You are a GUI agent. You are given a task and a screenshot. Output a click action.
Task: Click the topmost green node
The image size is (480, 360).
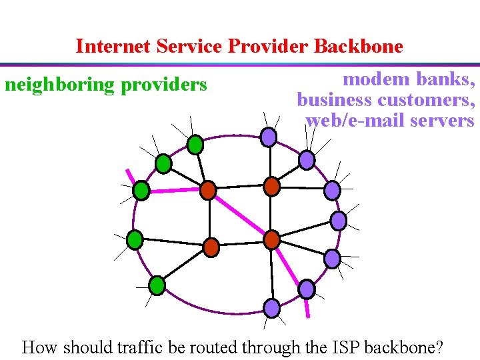(x=195, y=143)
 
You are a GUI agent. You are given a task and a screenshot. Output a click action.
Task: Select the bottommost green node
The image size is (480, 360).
(x=157, y=286)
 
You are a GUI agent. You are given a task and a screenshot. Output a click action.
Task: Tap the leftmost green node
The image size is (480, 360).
(x=135, y=239)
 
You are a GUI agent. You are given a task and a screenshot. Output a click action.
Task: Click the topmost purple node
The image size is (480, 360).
(x=268, y=137)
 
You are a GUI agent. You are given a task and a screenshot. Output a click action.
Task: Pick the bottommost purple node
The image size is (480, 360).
(x=272, y=307)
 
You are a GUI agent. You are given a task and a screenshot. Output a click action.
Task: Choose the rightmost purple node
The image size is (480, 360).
(x=339, y=221)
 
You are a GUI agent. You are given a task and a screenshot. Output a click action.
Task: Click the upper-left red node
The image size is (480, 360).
(x=208, y=190)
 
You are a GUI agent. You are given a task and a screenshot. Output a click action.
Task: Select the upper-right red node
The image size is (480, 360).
(x=271, y=186)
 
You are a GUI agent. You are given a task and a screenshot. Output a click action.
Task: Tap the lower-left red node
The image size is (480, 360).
(x=211, y=247)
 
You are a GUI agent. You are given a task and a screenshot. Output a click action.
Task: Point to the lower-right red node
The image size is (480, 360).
(x=272, y=239)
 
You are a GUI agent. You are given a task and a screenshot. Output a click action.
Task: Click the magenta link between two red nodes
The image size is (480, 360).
(x=240, y=215)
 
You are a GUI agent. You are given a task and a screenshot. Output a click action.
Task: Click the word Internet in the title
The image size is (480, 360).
(x=114, y=47)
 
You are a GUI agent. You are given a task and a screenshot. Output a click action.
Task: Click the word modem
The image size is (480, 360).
(x=373, y=79)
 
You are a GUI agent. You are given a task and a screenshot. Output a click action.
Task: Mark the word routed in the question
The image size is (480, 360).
(x=218, y=347)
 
